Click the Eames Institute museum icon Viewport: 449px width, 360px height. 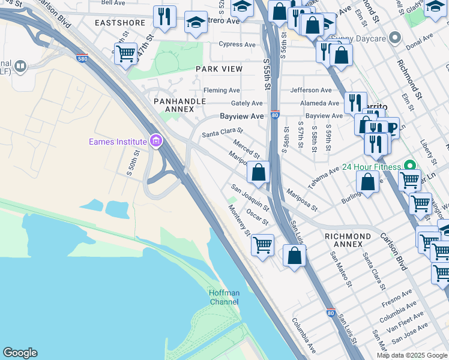(x=156, y=142)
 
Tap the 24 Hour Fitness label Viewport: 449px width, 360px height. (x=371, y=166)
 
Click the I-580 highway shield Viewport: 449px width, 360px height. (x=82, y=59)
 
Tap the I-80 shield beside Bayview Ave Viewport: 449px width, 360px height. (x=274, y=115)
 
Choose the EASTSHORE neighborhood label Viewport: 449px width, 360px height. (x=120, y=23)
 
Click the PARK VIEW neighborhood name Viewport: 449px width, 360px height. (x=219, y=69)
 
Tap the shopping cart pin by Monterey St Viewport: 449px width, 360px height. (x=262, y=245)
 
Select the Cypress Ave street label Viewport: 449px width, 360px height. (x=237, y=44)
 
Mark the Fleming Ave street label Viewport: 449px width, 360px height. (x=221, y=91)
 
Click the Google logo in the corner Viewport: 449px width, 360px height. (x=20, y=353)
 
